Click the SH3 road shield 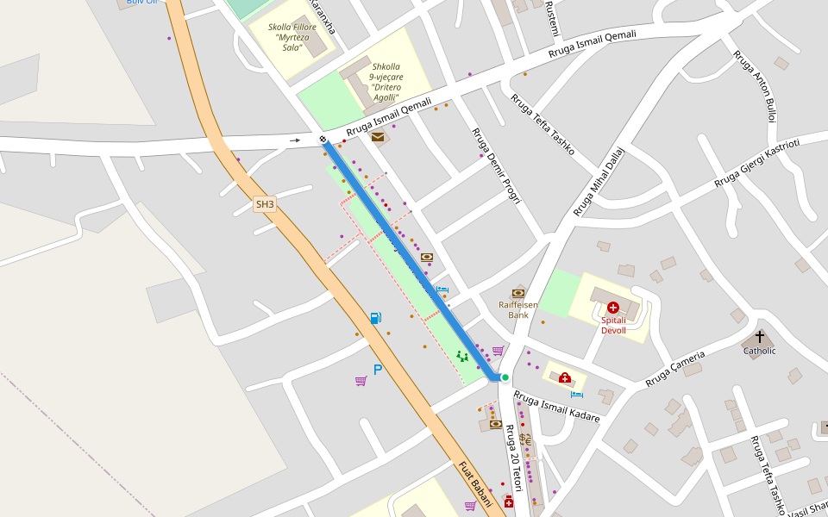265,204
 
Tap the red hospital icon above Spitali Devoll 612,308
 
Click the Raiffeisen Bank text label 518,309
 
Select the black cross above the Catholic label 760,337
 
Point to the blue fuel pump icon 375,318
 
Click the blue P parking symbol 378,370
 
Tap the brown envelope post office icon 378,136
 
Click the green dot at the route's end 505,377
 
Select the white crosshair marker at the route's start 323,139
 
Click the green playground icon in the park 462,355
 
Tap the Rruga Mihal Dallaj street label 599,181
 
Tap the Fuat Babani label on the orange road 475,483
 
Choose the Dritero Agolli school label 386,82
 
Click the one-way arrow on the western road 295,140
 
